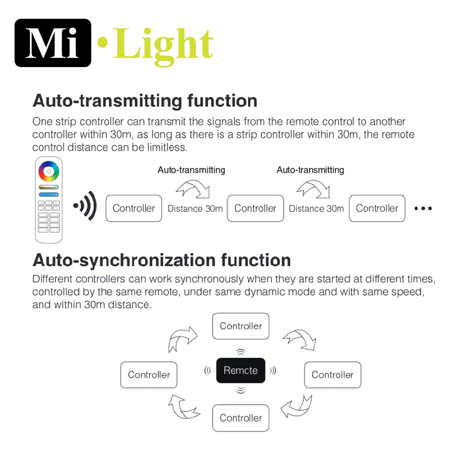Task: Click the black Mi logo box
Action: (53, 43)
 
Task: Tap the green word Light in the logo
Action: (163, 44)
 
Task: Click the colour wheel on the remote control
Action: (49, 171)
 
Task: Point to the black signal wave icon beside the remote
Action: (85, 206)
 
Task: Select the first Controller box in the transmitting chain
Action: (134, 208)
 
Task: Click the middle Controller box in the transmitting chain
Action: (255, 208)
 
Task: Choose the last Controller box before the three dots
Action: (377, 208)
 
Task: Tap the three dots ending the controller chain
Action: (423, 209)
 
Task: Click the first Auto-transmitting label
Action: (191, 170)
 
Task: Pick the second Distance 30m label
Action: (316, 209)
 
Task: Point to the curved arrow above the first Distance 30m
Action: (193, 189)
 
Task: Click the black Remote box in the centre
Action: (241, 370)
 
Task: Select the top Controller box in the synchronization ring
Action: (241, 326)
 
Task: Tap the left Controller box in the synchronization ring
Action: (149, 375)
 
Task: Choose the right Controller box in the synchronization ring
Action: (332, 375)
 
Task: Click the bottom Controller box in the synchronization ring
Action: (241, 418)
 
